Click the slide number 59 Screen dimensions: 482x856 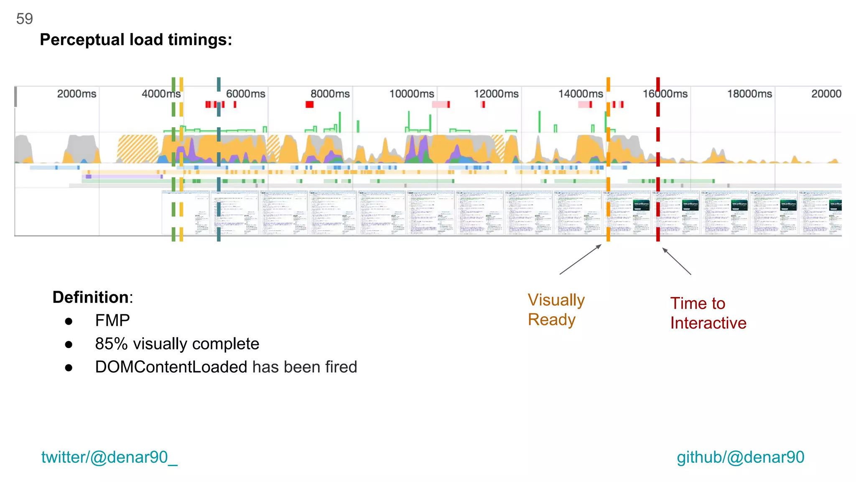coord(24,19)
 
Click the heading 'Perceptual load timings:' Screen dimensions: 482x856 coord(136,40)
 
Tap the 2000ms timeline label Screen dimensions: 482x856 coord(76,94)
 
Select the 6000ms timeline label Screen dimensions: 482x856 coord(246,94)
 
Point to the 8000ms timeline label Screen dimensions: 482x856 coord(330,94)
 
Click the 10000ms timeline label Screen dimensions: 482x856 coord(412,94)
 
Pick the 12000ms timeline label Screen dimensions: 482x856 coord(496,94)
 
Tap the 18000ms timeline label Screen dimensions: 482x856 coord(749,94)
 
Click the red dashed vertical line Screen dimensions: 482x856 coord(658,159)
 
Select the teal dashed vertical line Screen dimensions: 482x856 coord(219,159)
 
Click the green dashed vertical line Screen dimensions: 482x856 coord(173,159)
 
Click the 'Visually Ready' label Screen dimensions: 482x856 coord(556,310)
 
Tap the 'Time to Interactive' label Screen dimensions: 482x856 coord(708,313)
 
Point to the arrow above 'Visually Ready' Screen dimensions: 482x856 coord(581,259)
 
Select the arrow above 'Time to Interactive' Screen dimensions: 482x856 coord(677,262)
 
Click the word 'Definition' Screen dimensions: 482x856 coord(91,297)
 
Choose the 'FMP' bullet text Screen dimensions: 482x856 coord(112,320)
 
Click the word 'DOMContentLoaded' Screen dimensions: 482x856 coord(171,367)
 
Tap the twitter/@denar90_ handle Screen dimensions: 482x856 coord(109,457)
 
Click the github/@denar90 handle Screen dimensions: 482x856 coord(740,457)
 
